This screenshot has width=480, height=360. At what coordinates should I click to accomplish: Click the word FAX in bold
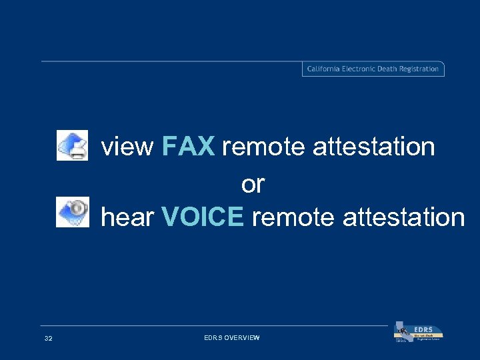(188, 146)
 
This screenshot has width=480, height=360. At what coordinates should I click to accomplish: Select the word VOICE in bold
(203, 217)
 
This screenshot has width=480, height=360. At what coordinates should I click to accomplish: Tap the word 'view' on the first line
(127, 147)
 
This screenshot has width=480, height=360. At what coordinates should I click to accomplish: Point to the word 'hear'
(128, 217)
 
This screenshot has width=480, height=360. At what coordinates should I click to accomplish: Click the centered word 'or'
(253, 184)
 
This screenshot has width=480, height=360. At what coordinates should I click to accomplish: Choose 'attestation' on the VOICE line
(403, 217)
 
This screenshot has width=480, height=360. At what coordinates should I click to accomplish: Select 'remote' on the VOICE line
(293, 217)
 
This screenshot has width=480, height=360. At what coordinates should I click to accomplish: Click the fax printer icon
(72, 145)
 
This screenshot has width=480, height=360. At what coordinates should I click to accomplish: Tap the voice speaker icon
(72, 213)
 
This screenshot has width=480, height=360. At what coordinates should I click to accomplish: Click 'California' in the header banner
(323, 69)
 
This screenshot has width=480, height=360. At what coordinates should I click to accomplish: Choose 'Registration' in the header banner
(421, 69)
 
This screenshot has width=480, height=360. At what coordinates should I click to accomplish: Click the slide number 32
(48, 339)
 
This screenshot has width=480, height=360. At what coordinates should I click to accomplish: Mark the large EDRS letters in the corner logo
(423, 329)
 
